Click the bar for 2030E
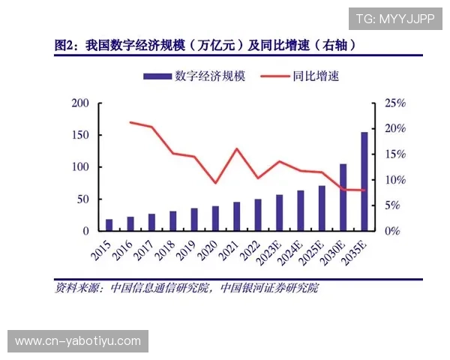343,197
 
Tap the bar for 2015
109,225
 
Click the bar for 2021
236,216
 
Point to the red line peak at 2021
237,148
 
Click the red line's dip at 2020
216,183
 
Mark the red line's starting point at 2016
130,122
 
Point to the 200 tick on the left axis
80,103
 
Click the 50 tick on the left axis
83,199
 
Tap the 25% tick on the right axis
394,103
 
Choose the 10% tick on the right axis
394,180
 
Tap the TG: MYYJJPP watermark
394,19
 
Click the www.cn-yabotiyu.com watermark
78,341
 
